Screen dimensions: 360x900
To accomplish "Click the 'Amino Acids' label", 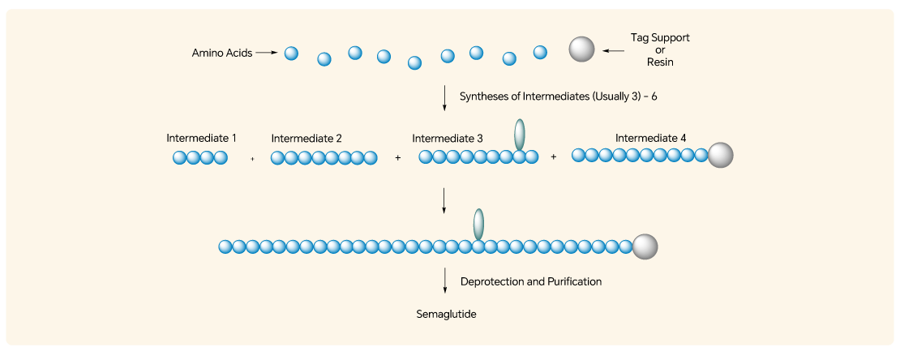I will click(221, 54).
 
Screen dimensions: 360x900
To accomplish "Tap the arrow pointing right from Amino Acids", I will click(267, 54).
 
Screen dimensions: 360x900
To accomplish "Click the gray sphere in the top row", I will click(581, 49).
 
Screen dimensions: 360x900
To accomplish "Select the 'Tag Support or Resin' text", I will click(660, 49).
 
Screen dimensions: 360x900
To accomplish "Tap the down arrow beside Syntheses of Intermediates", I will click(444, 97).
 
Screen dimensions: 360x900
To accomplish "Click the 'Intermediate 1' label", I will click(201, 138).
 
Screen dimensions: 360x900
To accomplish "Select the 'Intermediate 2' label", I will click(306, 139).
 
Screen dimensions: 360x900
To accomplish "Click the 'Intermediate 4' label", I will click(650, 138).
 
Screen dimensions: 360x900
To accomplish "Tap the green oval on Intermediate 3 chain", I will click(520, 135).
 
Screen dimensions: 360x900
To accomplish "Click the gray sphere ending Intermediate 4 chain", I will click(720, 155).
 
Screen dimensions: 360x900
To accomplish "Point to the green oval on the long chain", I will click(478, 223).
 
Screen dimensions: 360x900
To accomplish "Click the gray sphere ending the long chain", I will click(645, 246).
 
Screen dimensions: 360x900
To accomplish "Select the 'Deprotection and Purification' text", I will click(530, 281).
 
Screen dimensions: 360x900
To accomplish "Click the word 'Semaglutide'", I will click(446, 313).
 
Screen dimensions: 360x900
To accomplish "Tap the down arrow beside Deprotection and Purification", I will click(444, 281).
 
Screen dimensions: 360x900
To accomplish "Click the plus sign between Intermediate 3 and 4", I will click(554, 156).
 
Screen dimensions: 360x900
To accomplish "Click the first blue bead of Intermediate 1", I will click(179, 158).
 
